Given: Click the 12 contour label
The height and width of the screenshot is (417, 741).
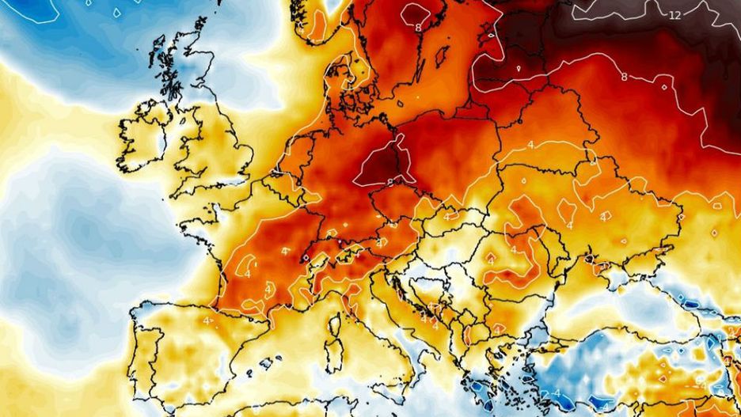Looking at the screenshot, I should [x=674, y=15].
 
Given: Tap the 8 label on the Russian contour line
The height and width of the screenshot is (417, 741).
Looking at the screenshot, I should [x=624, y=77].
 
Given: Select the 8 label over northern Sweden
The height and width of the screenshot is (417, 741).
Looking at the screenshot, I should [x=417, y=28].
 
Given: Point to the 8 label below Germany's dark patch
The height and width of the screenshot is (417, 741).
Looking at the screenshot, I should [x=390, y=182].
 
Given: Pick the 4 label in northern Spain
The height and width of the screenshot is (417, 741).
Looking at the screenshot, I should [x=207, y=320].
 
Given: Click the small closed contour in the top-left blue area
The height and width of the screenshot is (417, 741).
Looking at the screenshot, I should [x=116, y=13].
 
